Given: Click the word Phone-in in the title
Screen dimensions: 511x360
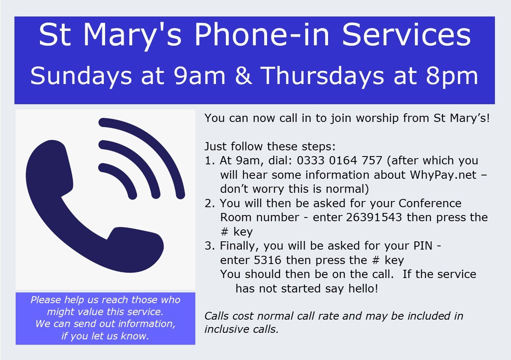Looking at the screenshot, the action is point(262,35).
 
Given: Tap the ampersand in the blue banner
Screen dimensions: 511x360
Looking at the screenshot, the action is point(244,75).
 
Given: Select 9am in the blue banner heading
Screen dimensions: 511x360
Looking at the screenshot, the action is point(199,75).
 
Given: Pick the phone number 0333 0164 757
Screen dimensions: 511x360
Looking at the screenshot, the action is point(339,161).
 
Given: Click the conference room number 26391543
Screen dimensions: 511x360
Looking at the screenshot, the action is point(374,217).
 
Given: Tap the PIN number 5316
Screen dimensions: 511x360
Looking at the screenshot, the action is point(267,260).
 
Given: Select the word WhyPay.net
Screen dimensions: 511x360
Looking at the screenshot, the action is point(443,175).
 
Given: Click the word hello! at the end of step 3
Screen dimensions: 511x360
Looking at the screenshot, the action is point(363,288).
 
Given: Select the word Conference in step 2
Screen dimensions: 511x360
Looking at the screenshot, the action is point(430,203).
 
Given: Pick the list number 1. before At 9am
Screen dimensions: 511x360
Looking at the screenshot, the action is point(210,161).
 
